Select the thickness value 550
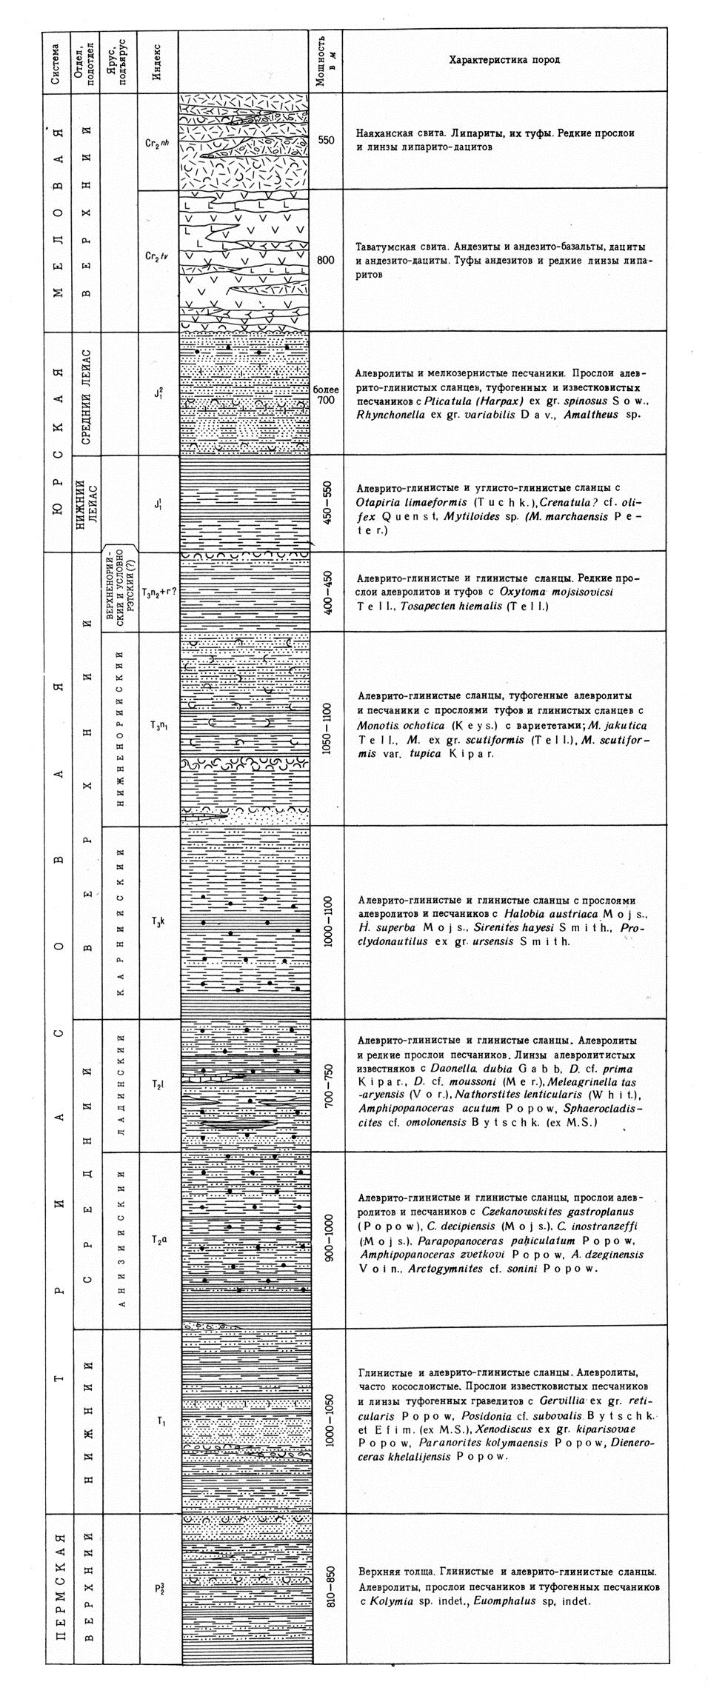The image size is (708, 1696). [x=327, y=139]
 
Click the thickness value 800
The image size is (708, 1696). [x=327, y=260]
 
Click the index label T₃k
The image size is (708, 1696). [x=158, y=921]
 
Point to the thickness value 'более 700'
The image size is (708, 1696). [x=326, y=394]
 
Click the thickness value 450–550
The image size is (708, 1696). [x=327, y=503]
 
